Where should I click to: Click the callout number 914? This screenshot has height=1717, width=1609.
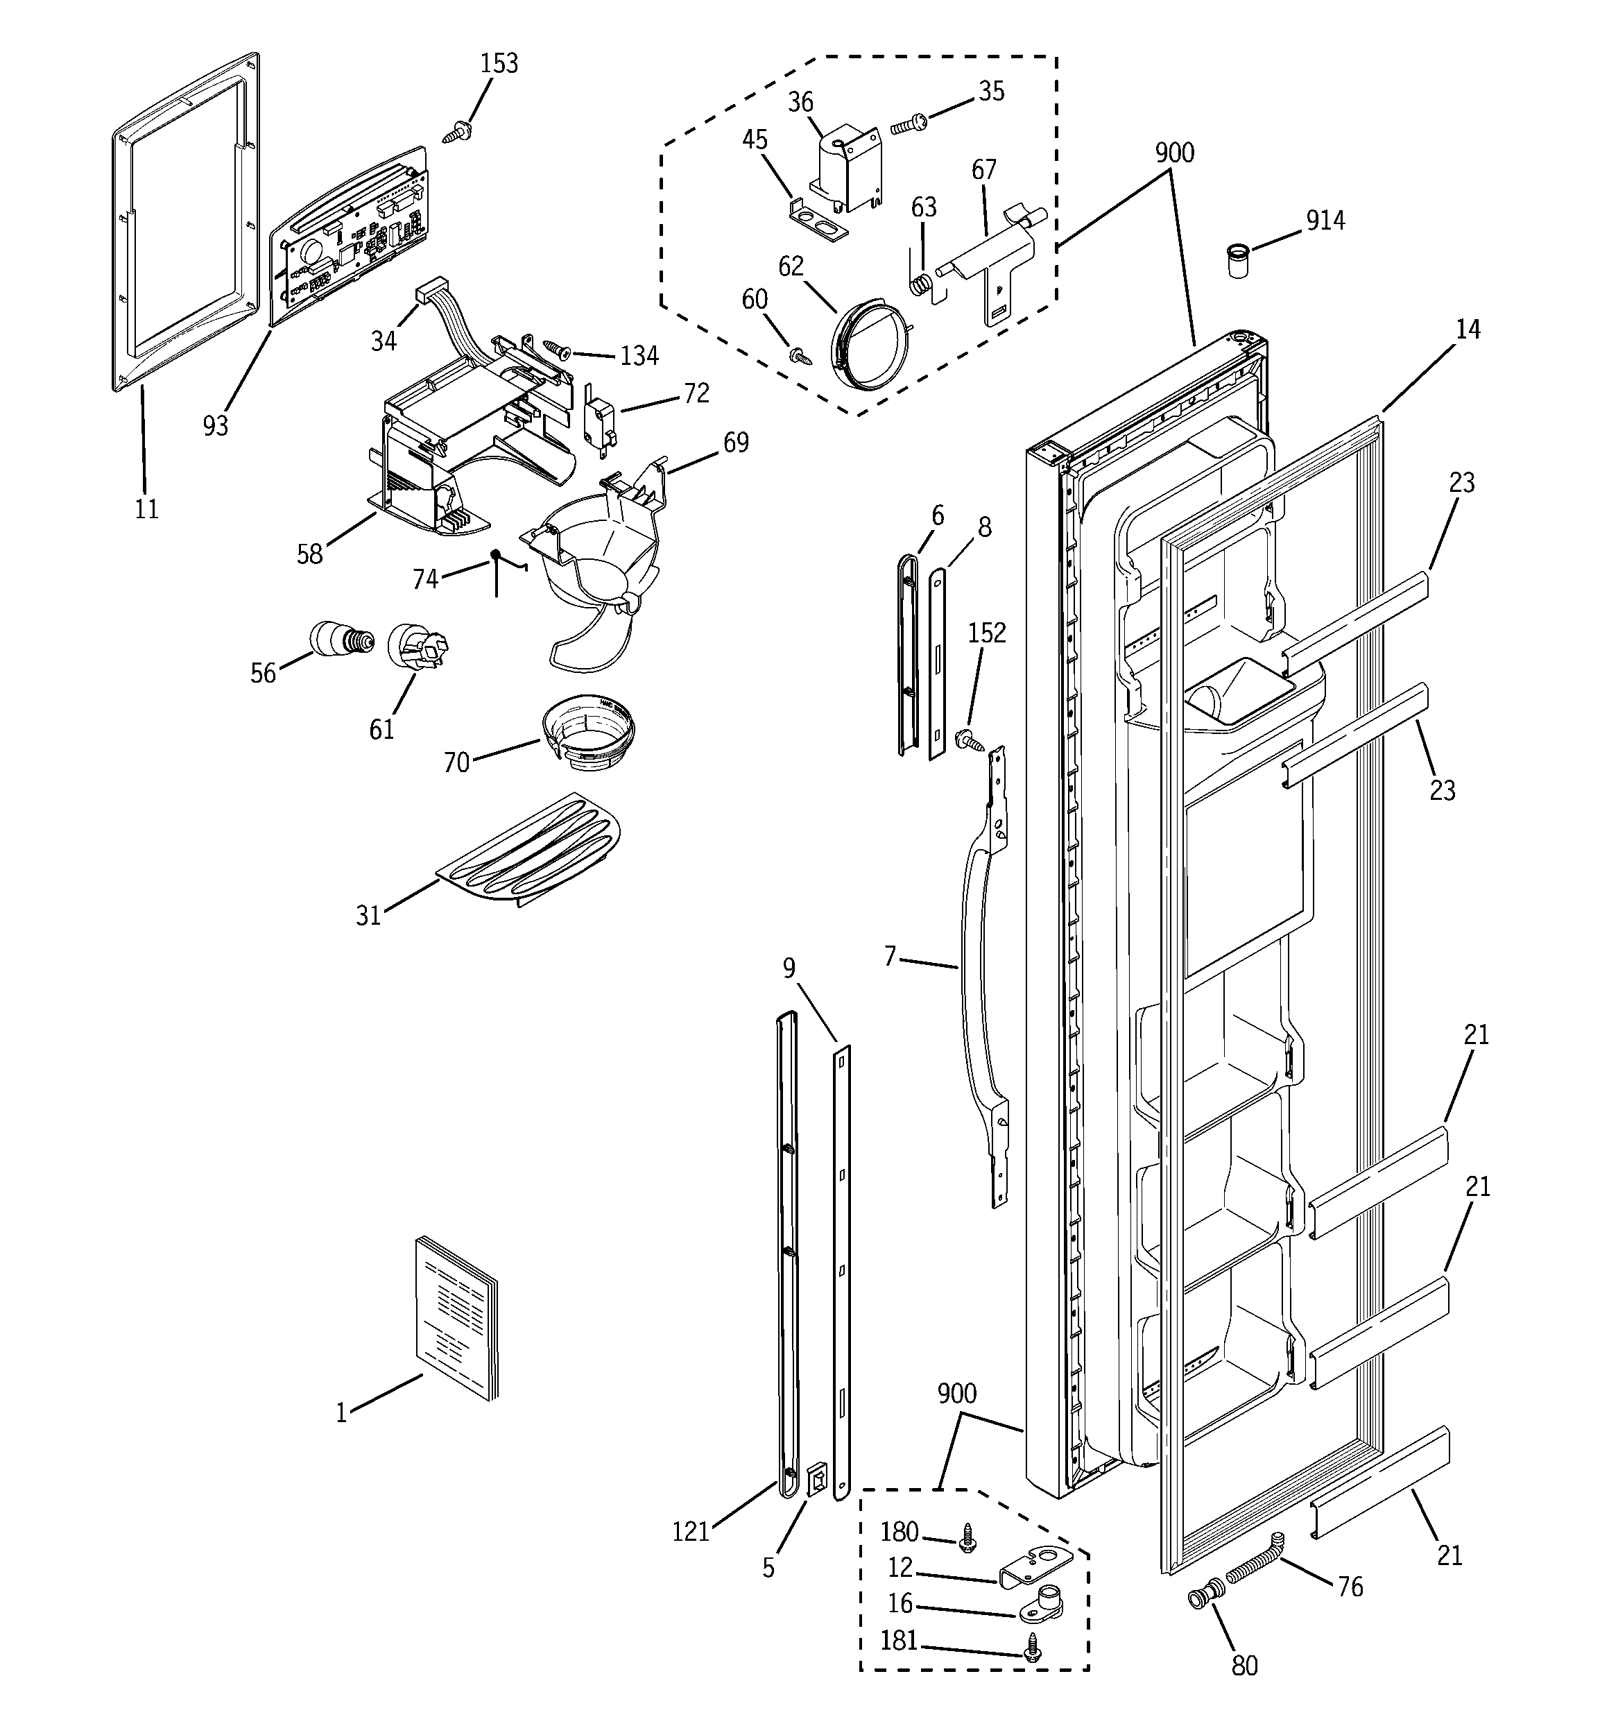[x=1325, y=221]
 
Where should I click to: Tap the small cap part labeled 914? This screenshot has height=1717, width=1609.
[x=1239, y=260]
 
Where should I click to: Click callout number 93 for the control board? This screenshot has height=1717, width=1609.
[x=215, y=425]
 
